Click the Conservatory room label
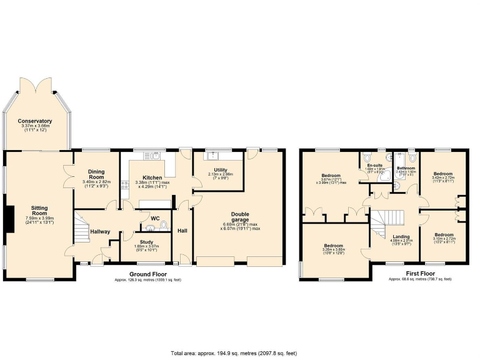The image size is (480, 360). [35, 121]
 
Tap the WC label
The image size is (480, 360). [154, 218]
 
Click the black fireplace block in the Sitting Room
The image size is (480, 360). [7, 218]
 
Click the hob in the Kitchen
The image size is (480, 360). [125, 184]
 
